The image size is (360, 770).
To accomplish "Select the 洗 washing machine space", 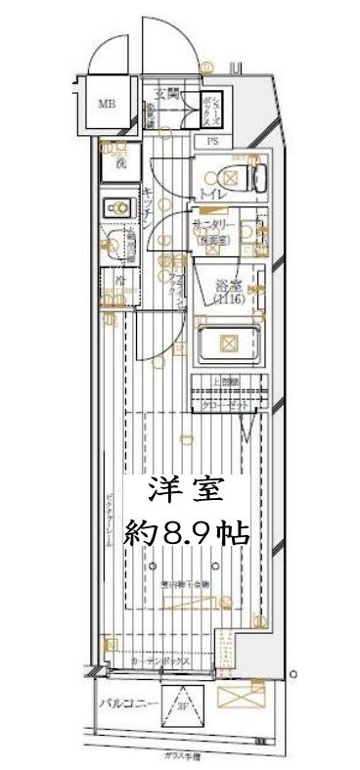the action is [120, 162].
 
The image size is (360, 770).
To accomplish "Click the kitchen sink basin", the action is [120, 206].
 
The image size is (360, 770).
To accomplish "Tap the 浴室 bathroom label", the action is [228, 285].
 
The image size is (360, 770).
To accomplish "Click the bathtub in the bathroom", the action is [228, 343].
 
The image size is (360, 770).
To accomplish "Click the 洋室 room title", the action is [185, 489].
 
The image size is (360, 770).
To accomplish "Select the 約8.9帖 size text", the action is [186, 533].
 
